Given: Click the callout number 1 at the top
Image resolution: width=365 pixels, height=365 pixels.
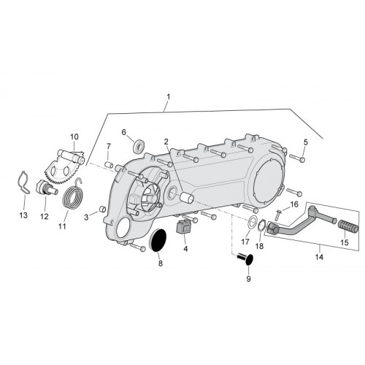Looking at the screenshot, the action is tap(169, 97).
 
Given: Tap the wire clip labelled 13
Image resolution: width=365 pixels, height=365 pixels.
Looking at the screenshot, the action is tap(24, 183).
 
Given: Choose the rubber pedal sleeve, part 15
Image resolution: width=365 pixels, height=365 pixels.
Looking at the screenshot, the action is tap(348, 226).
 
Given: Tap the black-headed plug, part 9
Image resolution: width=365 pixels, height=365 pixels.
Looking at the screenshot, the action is tap(246, 258).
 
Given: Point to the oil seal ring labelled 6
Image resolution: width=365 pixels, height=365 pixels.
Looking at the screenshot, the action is tap(139, 147).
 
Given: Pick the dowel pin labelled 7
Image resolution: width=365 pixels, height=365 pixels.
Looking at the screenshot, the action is tap(109, 164).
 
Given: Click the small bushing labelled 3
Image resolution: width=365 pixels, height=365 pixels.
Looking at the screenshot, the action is tap(102, 210).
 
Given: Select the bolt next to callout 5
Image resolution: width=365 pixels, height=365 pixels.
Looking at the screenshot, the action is tap(297, 158).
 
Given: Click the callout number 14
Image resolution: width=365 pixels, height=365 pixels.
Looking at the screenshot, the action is tap(319, 257).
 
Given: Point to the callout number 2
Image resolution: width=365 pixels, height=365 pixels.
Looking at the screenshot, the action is tap(166, 142).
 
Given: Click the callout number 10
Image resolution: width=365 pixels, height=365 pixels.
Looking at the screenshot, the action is tap(74, 137).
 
